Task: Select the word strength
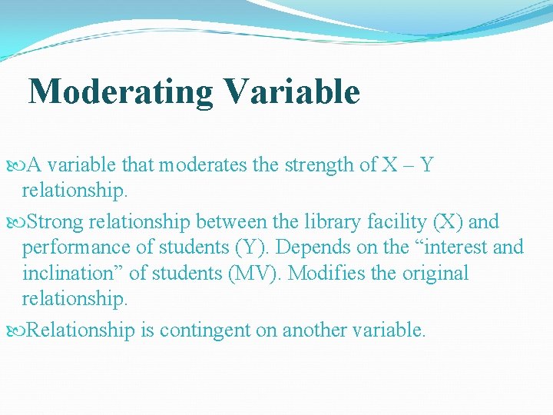click(x=307, y=164)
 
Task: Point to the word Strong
click(x=56, y=222)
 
